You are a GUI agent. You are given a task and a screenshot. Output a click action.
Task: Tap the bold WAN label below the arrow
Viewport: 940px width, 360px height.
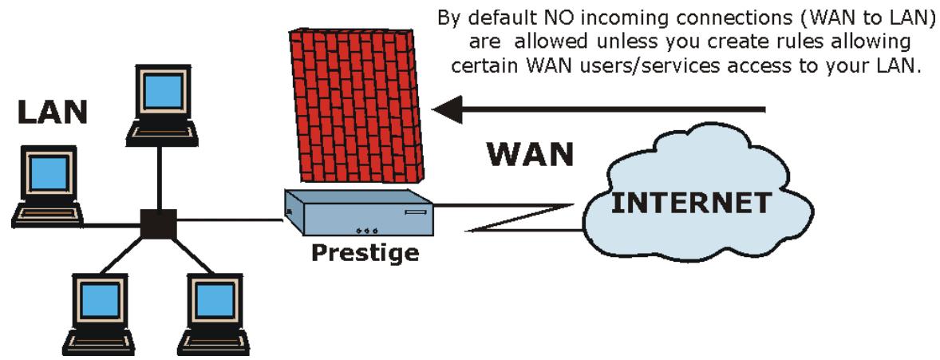click(530, 154)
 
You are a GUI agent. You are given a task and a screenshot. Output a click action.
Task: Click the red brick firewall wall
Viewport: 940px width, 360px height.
click(355, 104)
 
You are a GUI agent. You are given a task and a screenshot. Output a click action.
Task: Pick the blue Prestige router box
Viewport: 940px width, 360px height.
click(359, 212)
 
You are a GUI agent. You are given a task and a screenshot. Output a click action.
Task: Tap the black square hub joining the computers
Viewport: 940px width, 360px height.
click(157, 224)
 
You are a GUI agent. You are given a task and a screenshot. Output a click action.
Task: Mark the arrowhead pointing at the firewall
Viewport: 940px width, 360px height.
click(447, 109)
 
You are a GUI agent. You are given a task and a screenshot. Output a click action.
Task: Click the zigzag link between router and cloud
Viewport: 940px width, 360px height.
click(519, 217)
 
